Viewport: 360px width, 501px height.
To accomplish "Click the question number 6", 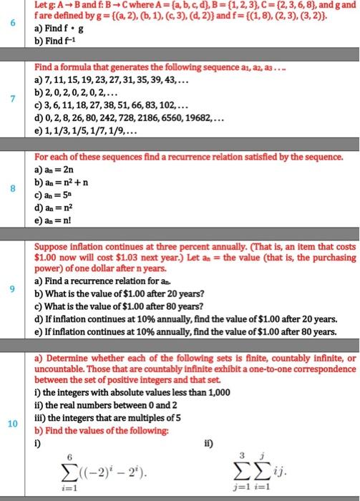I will click(x=11, y=23).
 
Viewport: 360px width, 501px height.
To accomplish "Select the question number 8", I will click(x=11, y=190).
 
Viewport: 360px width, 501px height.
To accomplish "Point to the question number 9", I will click(x=11, y=288).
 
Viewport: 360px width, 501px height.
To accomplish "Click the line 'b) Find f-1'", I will click(x=65, y=42).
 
